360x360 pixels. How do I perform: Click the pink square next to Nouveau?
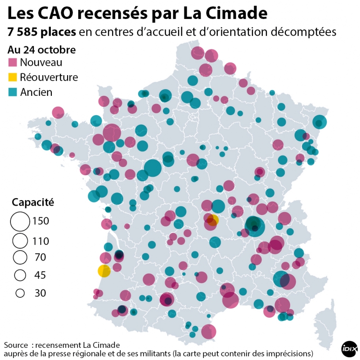[x=13, y=63]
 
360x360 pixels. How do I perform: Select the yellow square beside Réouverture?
[x=13, y=77]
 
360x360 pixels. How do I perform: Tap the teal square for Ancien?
[x=13, y=92]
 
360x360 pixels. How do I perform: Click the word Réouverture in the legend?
[x=49, y=77]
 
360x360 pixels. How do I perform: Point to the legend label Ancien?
[x=36, y=92]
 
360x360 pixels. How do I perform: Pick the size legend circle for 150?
[x=20, y=221]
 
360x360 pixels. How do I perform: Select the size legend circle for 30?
[x=20, y=293]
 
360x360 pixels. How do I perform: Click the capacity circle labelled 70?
[x=20, y=258]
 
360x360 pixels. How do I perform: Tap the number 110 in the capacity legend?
[x=40, y=241]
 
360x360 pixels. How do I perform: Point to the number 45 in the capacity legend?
[x=40, y=275]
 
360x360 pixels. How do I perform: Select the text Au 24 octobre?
[x=41, y=49]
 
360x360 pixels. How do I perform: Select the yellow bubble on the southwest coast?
[x=104, y=271]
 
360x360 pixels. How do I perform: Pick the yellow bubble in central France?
[x=213, y=220]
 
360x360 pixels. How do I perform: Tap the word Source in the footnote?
[x=17, y=345]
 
